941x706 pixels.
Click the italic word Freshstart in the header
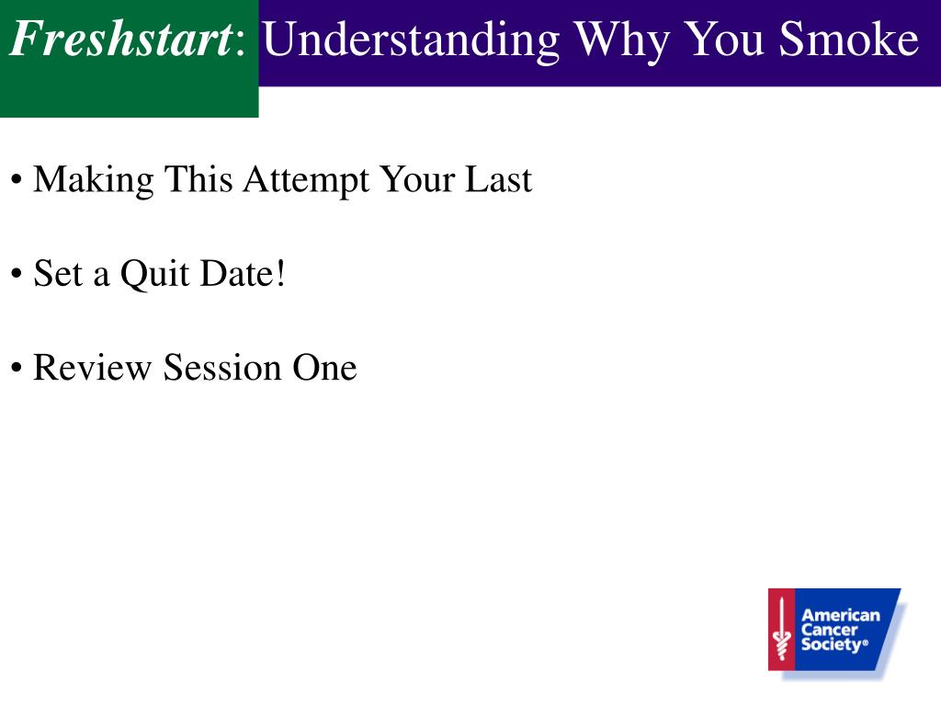121,39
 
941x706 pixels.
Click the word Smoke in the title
848,40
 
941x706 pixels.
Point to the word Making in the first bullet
94,180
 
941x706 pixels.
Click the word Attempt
307,180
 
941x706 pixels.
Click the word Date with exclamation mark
243,273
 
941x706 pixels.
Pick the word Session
222,368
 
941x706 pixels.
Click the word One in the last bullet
324,368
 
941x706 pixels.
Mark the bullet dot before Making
17,179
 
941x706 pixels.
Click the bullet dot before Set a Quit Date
17,274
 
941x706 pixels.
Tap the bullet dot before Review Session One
17,368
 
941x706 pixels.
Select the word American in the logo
841,615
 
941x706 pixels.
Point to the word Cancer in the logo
830,630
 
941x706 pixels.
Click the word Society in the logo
833,644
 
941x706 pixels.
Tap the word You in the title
724,40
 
